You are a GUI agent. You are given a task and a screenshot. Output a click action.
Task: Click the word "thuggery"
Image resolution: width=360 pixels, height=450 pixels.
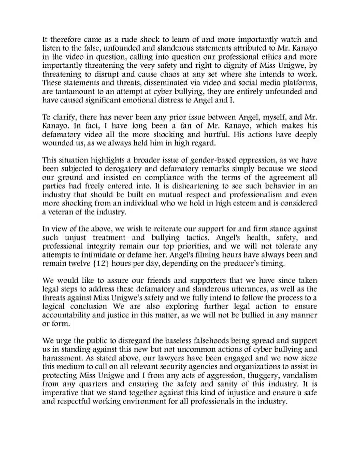point(260,376)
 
